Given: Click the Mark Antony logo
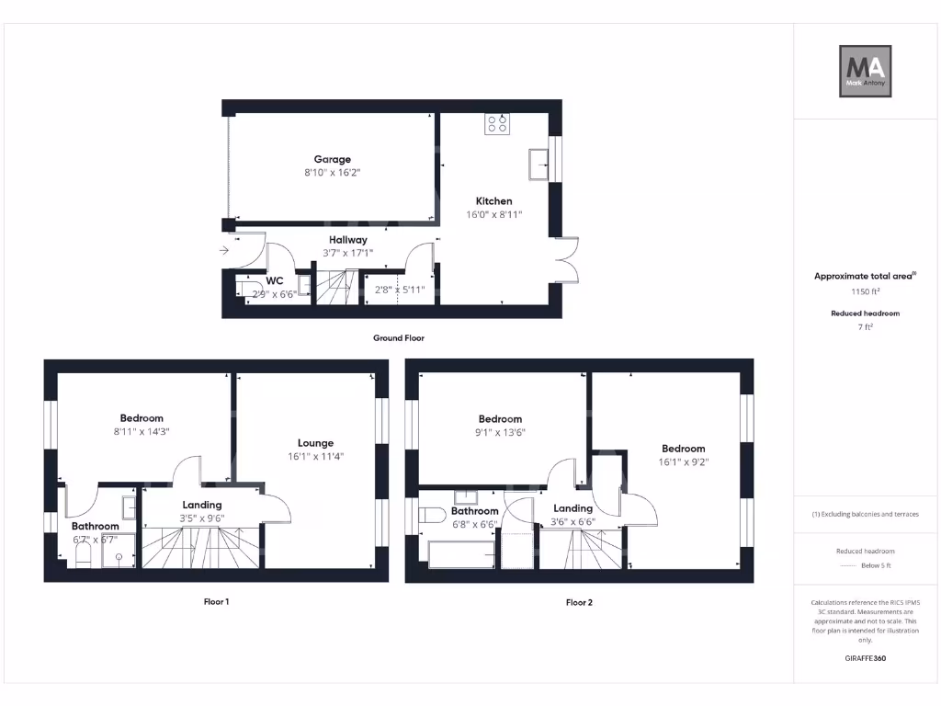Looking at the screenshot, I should click(x=867, y=72).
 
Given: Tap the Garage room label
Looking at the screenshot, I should click(x=332, y=159).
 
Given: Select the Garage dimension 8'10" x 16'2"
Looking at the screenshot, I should click(x=332, y=172).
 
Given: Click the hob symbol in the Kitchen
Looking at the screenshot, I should click(x=497, y=123).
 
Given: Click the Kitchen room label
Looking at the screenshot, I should click(x=493, y=201).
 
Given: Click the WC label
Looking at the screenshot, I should click(x=274, y=280).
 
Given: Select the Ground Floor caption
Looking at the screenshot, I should click(x=398, y=338).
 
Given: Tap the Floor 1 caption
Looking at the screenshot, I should click(x=216, y=602).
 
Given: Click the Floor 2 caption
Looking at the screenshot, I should click(x=579, y=603).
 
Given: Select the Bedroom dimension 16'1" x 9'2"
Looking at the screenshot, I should click(x=683, y=462).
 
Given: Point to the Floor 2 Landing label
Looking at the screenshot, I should click(x=573, y=508).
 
